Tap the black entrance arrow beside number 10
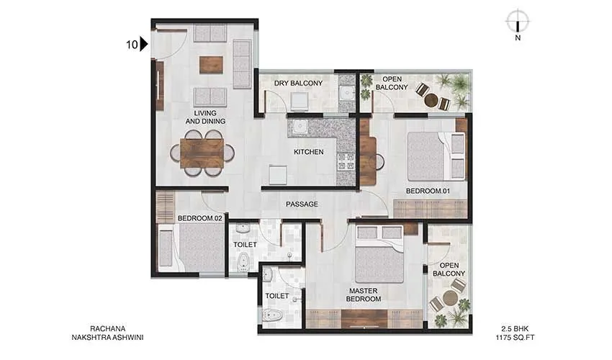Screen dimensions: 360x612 tap(144, 45)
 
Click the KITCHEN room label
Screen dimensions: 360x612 tap(309, 153)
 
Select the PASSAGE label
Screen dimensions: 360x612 tap(302, 204)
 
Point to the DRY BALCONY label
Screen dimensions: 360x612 tap(298, 84)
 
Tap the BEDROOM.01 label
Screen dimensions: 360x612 tap(428, 191)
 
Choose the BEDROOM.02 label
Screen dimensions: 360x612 tap(199, 217)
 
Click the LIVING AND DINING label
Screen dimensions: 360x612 tap(205, 117)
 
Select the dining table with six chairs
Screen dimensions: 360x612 tap(202, 153)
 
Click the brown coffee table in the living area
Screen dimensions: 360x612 tap(212, 65)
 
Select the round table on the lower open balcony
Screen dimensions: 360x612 tap(450, 298)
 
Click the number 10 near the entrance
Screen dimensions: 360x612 tap(131, 45)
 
